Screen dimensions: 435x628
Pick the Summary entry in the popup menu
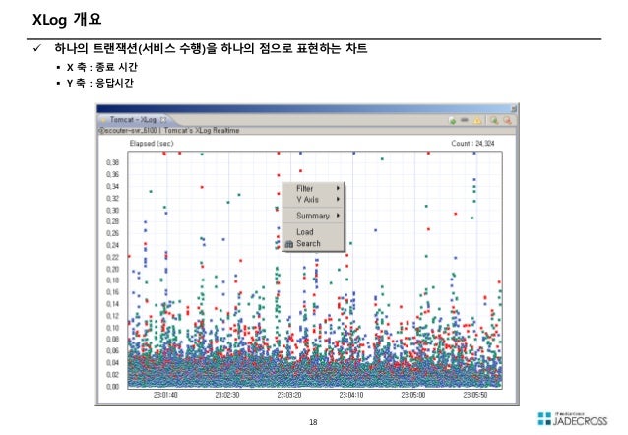coord(313,215)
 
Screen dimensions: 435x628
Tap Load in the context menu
coord(305,232)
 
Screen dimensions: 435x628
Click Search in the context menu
coord(308,243)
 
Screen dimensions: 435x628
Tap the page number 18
coord(313,422)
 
